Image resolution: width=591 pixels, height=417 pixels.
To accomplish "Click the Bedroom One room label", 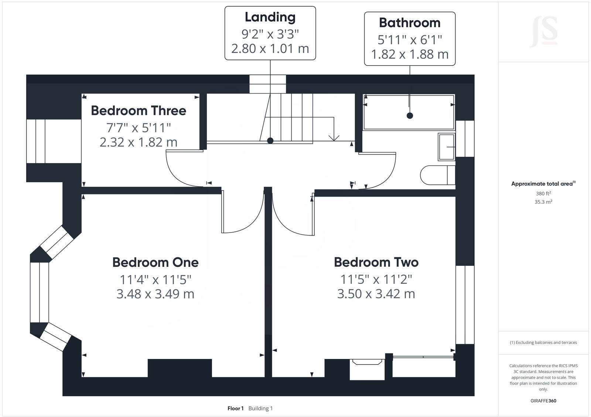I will point(156,262).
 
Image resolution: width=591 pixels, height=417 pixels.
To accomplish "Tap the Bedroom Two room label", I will point(376,262).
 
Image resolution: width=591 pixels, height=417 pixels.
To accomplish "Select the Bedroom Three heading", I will point(139,111).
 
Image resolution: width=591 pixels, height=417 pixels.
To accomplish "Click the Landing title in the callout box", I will point(270,17).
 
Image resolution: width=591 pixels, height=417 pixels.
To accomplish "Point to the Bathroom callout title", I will point(410,23).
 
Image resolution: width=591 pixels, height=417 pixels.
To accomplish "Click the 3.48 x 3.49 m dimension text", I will point(156,294).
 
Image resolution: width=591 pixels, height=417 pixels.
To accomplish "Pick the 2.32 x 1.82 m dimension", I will point(139,142).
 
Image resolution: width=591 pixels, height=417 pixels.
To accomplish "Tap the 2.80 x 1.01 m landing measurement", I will point(270,48).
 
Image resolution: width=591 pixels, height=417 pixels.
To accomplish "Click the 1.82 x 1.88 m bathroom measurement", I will point(410,54).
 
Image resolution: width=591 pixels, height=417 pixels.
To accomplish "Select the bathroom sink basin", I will point(447,147).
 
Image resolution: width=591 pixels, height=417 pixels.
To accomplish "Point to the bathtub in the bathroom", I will point(409,112).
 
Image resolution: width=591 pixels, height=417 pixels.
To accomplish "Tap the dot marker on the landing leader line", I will point(270,140).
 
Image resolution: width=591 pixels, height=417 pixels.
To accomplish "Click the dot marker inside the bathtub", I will point(410,116).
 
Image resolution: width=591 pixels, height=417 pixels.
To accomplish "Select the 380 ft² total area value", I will point(543,193).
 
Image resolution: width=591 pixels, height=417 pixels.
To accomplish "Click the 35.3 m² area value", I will point(543,202).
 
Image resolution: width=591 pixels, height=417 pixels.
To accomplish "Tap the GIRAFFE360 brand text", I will point(543,401).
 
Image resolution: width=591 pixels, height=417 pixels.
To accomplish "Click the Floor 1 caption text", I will point(235,408).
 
